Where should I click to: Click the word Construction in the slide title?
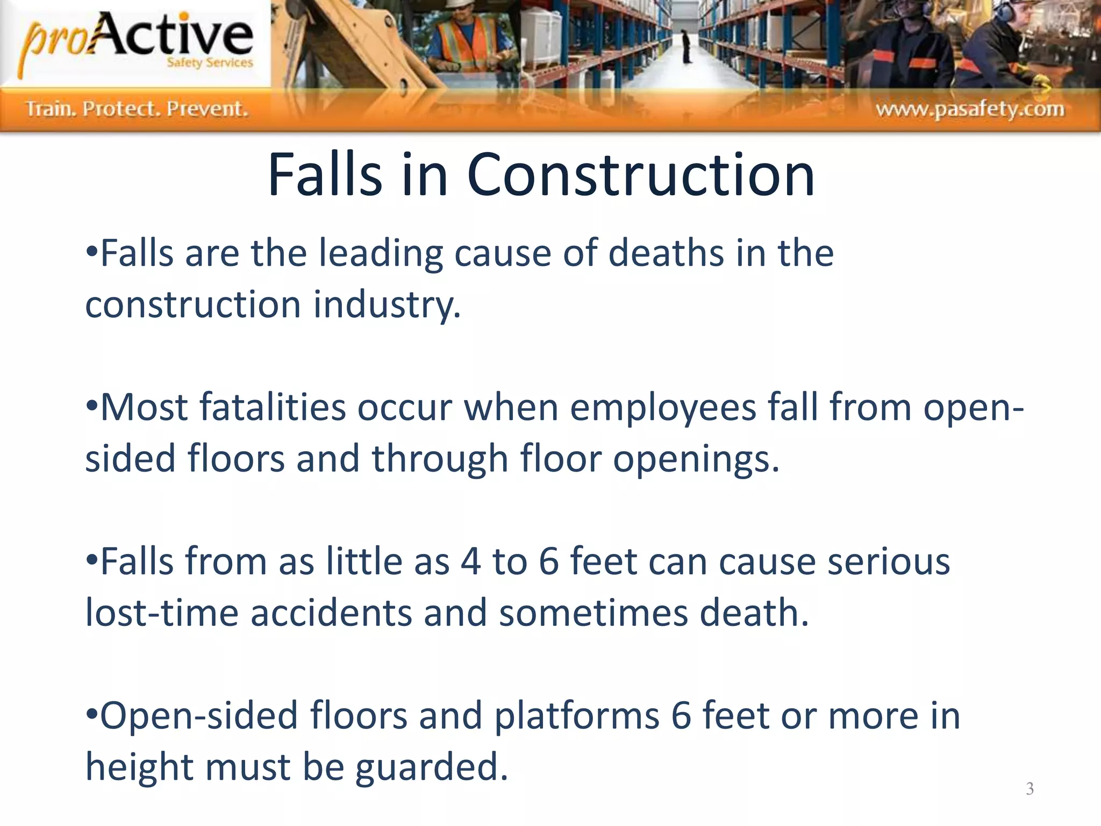tap(640, 175)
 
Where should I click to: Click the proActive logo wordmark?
tap(137, 40)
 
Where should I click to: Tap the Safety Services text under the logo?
tap(209, 62)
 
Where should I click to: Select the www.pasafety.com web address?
tap(969, 109)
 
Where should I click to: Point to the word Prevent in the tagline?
tap(207, 109)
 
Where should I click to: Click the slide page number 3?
tap(1029, 788)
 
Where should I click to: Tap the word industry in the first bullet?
tap(387, 305)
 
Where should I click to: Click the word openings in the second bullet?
tap(696, 459)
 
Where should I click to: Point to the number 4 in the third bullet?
tap(470, 562)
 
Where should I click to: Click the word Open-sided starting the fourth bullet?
tap(199, 716)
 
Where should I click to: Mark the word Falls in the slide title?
tap(325, 175)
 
